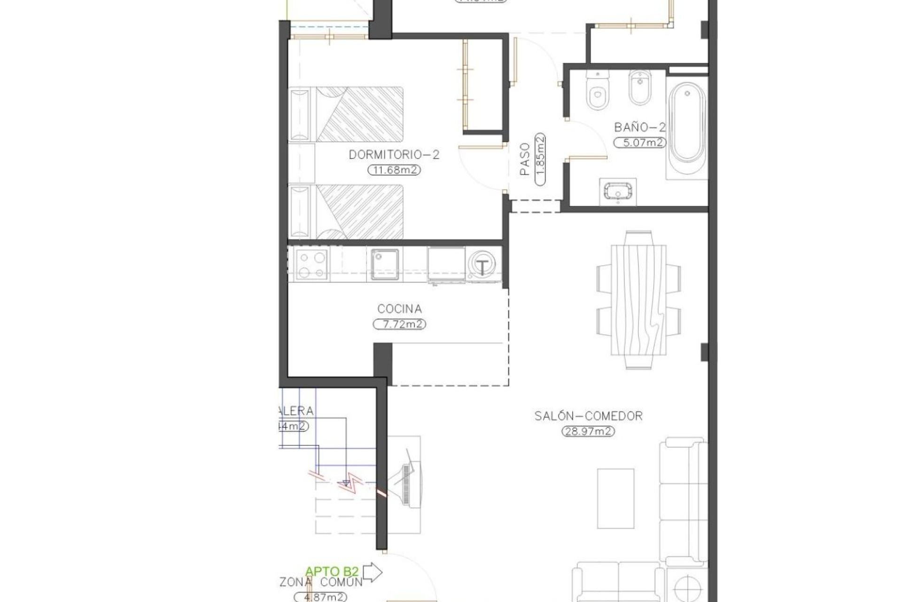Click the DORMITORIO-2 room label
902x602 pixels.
394,155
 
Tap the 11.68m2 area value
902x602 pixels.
394,170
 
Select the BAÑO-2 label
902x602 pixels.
640,127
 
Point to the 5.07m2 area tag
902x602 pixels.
640,143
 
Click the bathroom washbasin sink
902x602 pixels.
618,192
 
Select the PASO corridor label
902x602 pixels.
525,159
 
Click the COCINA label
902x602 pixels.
399,309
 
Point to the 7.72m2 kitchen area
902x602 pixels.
399,325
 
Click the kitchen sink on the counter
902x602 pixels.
385,264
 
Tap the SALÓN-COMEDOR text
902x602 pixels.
588,416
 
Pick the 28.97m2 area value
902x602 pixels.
588,431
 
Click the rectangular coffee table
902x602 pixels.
615,498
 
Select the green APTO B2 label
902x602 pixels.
332,572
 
